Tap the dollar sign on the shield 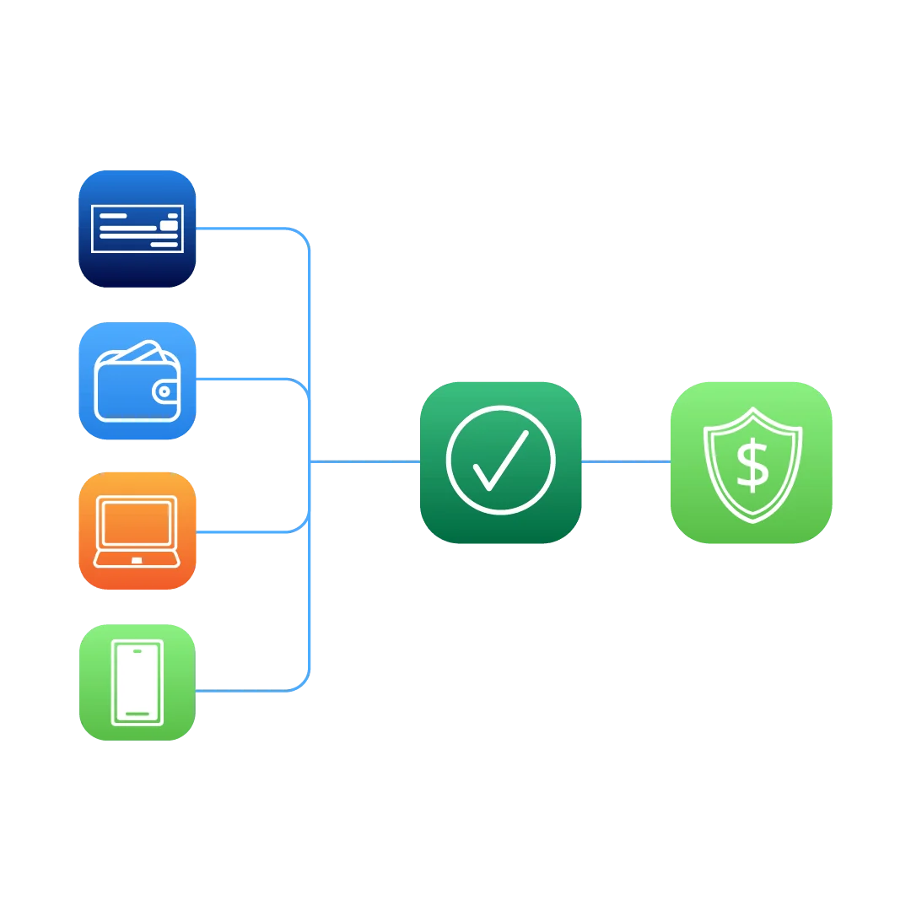(x=752, y=466)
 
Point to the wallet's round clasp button (x=164, y=391)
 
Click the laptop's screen (x=137, y=522)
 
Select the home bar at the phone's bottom (x=137, y=714)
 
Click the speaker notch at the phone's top (x=137, y=652)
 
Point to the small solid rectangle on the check (x=170, y=224)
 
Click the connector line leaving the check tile (x=245, y=227)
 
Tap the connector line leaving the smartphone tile (x=245, y=691)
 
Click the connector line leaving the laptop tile (x=245, y=532)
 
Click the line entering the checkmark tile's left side (x=367, y=461)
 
